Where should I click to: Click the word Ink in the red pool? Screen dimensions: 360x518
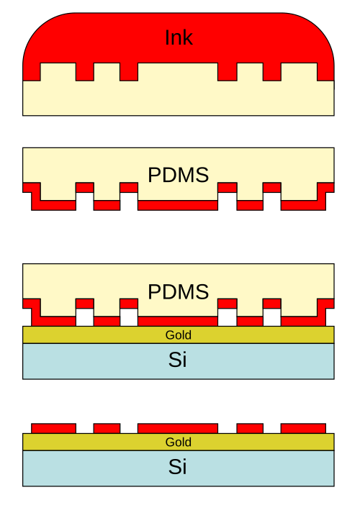[x=179, y=37]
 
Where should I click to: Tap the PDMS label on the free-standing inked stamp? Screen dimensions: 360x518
[x=178, y=175]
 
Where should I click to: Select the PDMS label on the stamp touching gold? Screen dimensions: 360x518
[x=178, y=291]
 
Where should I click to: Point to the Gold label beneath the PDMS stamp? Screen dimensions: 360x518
[x=178, y=335]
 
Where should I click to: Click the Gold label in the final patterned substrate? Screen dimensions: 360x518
[x=178, y=442]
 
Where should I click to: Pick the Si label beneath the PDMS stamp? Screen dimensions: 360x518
[x=178, y=360]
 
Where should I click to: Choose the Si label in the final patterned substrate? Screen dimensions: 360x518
[x=178, y=466]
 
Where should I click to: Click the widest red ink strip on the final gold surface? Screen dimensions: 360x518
[x=178, y=428]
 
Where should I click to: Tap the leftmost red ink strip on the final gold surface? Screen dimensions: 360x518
[x=53, y=428]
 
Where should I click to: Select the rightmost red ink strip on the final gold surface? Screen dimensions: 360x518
[x=303, y=428]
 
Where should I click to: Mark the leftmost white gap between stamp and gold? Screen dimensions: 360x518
[x=85, y=317]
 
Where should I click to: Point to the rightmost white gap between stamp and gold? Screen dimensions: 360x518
[x=272, y=317]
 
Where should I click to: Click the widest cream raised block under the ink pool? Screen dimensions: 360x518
[x=178, y=72]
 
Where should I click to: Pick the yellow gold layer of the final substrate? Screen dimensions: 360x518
[x=179, y=442]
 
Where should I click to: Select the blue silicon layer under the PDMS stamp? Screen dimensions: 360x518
[x=179, y=361]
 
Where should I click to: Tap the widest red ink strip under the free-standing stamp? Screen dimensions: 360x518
[x=178, y=205]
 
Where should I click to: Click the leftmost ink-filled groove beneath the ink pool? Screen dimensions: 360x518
[x=85, y=72]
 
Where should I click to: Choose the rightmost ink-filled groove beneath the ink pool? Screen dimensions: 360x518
[x=272, y=72]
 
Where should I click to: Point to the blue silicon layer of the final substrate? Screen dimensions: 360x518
[x=179, y=468]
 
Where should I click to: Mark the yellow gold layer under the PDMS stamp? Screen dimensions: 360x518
[x=179, y=335]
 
